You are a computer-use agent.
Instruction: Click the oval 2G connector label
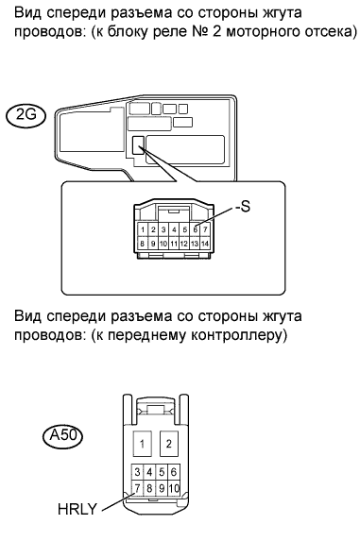pyautogui.click(x=26, y=115)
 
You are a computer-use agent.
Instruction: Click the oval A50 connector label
pyautogui.click(x=63, y=436)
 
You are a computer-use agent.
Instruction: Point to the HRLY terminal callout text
pyautogui.click(x=77, y=509)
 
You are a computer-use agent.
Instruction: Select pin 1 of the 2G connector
pyautogui.click(x=143, y=229)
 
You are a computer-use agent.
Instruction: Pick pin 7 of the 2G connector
pyautogui.click(x=205, y=229)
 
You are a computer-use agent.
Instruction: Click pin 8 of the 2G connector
pyautogui.click(x=143, y=244)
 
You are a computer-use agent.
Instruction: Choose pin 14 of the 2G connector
pyautogui.click(x=205, y=244)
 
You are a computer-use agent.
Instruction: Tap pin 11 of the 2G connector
pyautogui.click(x=174, y=244)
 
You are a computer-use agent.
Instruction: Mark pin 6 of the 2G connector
pyautogui.click(x=195, y=229)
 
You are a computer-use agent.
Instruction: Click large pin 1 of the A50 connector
pyautogui.click(x=143, y=444)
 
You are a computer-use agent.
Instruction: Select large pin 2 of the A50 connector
pyautogui.click(x=169, y=444)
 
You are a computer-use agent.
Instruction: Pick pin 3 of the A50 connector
pyautogui.click(x=137, y=472)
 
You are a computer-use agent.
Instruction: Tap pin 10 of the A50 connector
pyautogui.click(x=174, y=488)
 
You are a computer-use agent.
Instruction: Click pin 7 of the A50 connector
pyautogui.click(x=137, y=488)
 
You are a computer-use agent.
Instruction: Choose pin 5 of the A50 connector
pyautogui.click(x=162, y=472)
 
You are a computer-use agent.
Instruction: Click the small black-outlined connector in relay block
pyautogui.click(x=138, y=144)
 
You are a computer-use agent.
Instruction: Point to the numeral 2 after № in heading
pyautogui.click(x=216, y=31)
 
